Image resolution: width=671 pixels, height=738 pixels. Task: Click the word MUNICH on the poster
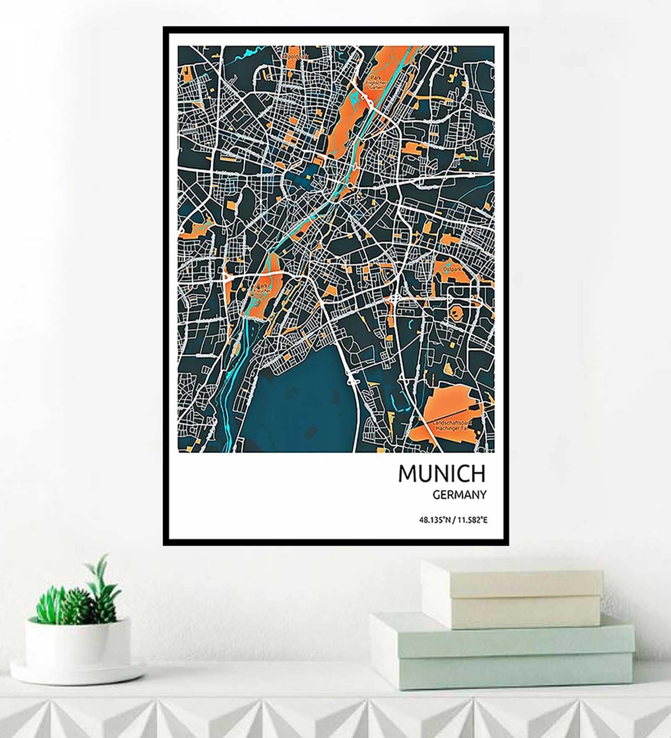[x=442, y=473]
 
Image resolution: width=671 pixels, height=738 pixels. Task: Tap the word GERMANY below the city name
[x=459, y=495]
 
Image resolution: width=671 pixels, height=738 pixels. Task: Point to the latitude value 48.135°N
[x=434, y=520]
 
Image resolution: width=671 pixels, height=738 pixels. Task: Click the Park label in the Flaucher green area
[x=262, y=288]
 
